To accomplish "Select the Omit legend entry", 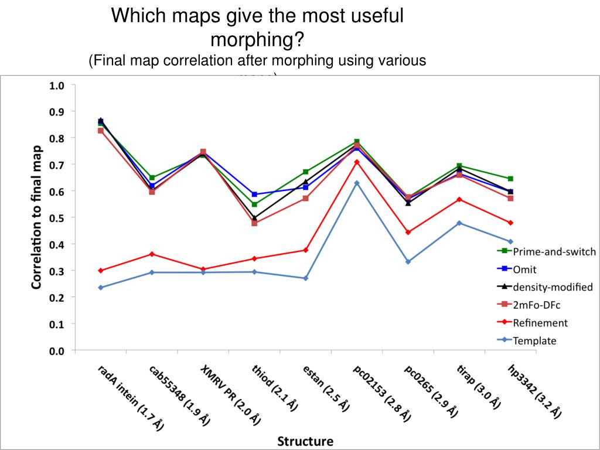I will (524, 270).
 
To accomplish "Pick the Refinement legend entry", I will (540, 323).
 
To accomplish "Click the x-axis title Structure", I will (305, 441).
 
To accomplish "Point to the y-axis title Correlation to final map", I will (36, 217).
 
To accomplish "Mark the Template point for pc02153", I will (356, 183).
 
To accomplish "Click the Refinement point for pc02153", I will (356, 162).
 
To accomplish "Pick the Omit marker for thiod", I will (254, 194).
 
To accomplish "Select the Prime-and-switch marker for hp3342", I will (510, 179).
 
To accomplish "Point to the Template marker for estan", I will (305, 278).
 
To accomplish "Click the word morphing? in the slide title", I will (257, 40).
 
